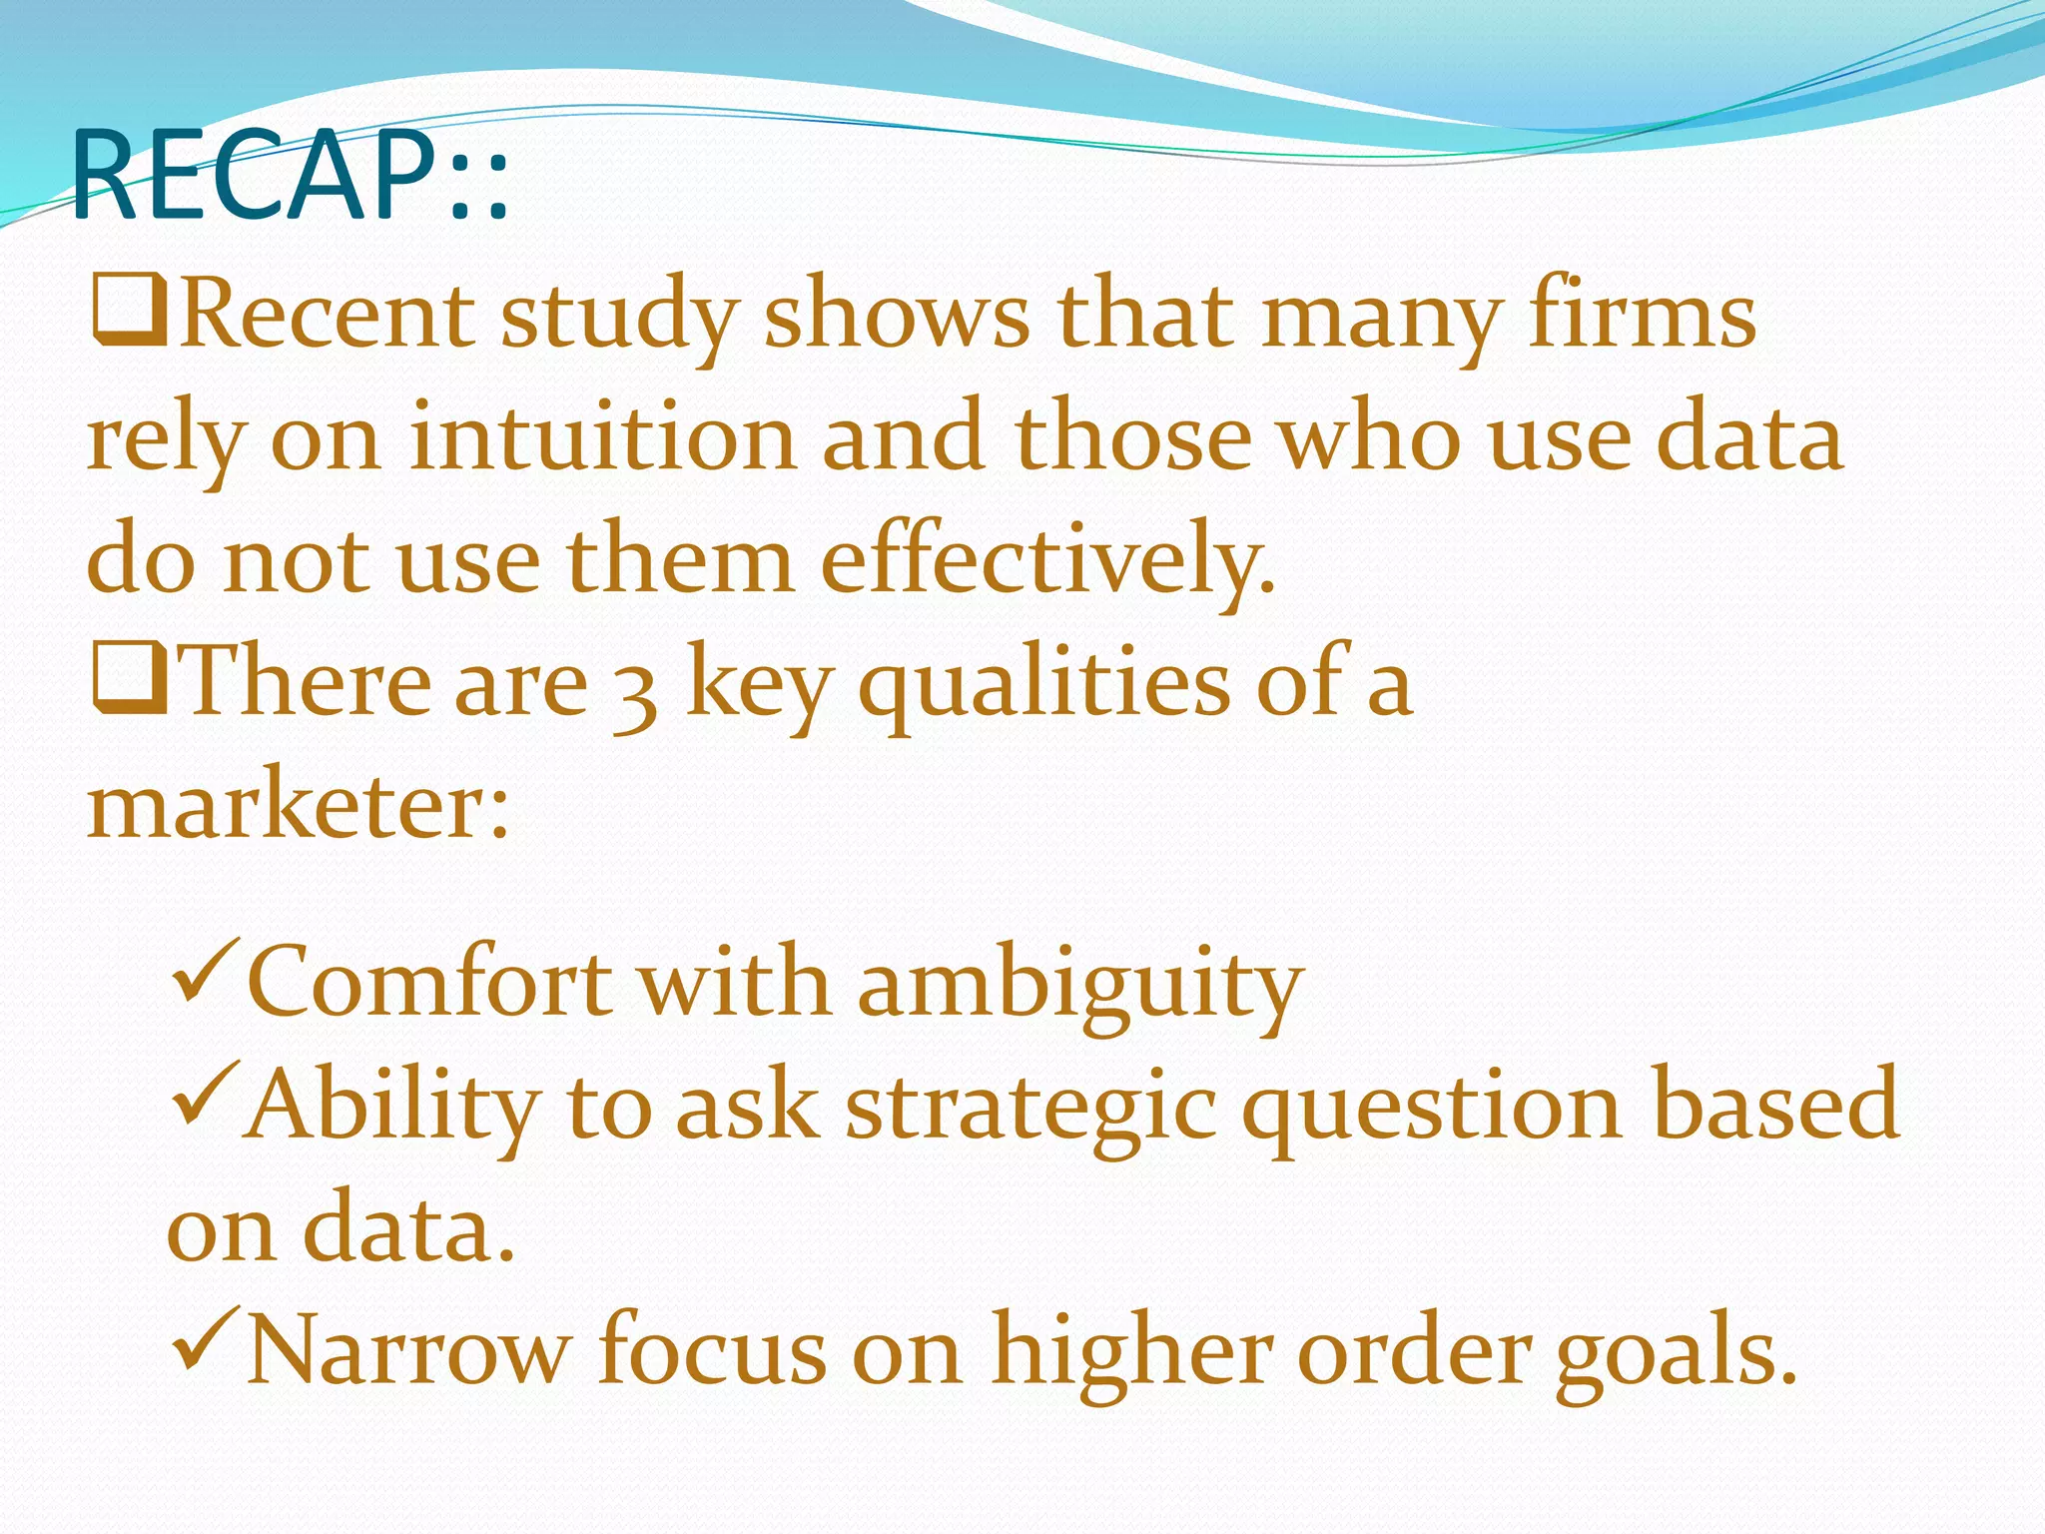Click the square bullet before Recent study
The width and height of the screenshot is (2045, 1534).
(129, 313)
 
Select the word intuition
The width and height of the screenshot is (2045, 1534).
(602, 439)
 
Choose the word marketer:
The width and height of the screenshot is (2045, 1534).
(298, 807)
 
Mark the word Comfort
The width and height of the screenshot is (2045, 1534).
(429, 984)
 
